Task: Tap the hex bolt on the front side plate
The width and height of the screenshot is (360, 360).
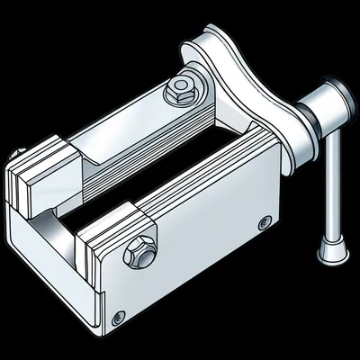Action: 141,252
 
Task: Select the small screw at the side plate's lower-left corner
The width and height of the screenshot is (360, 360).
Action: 119,316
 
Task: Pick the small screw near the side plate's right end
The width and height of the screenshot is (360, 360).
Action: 263,222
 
